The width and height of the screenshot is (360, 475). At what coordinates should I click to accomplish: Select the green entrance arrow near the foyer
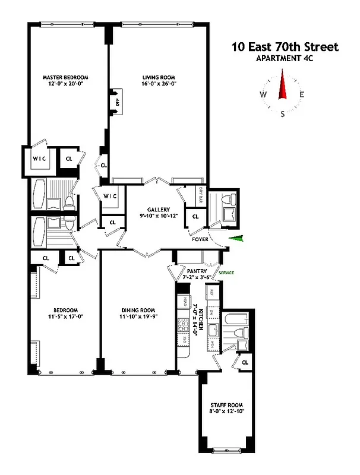237,239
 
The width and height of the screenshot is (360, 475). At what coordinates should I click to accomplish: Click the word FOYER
199,242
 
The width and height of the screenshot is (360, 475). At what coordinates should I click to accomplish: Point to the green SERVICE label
226,273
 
